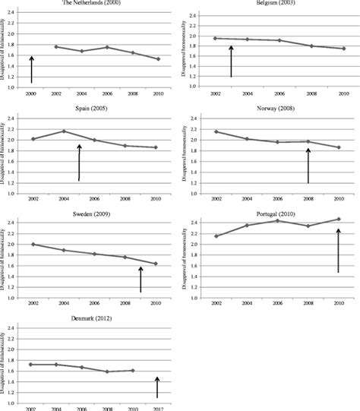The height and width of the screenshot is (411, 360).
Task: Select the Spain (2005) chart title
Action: tap(91, 109)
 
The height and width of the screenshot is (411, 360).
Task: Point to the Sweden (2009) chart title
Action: tap(91, 213)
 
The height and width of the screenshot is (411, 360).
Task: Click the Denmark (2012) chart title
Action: tap(91, 318)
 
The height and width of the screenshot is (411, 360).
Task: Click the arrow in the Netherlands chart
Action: tap(31, 69)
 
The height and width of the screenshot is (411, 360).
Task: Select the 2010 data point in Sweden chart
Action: tap(156, 264)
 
